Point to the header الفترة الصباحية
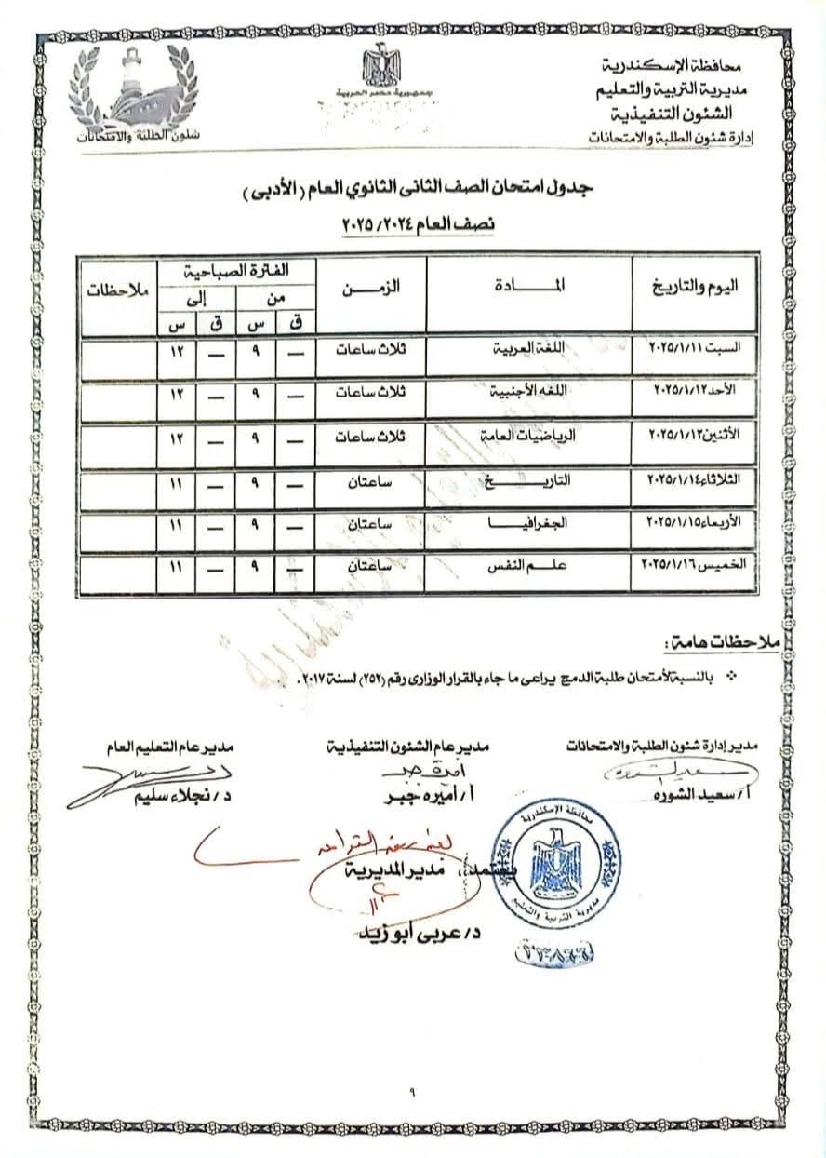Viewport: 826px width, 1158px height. pyautogui.click(x=238, y=270)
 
